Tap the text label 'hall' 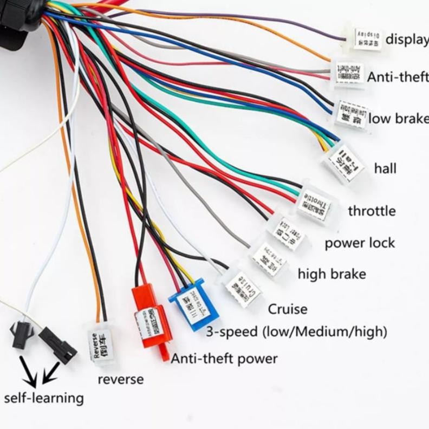pos(385,168)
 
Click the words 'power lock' pos(360,243)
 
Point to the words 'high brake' pos(331,274)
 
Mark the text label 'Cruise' pos(288,309)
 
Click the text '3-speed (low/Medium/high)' pos(296,331)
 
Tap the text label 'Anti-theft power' pos(224,358)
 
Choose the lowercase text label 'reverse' pos(120,379)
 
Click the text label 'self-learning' pos(44,398)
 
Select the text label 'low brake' pos(399,119)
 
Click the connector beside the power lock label pos(288,233)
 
